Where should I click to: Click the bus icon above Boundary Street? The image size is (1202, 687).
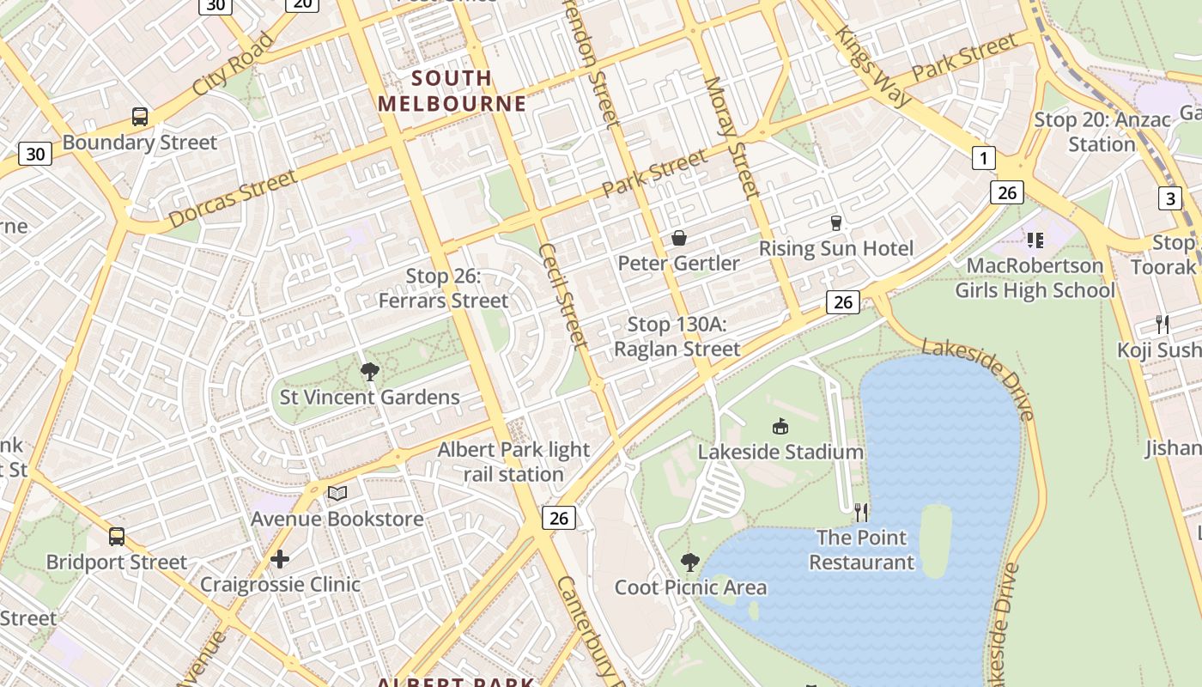click(139, 117)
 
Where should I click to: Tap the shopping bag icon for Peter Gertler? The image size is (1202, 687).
click(678, 238)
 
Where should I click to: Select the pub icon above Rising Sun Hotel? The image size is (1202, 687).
click(836, 223)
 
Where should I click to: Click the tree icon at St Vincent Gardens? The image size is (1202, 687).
click(370, 372)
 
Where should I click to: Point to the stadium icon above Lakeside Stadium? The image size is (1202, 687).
click(780, 426)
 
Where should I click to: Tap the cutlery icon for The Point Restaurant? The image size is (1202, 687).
click(861, 513)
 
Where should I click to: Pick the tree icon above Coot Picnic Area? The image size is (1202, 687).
click(689, 562)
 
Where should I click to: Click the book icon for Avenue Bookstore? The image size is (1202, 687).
click(337, 494)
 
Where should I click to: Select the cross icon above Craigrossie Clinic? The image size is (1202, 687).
click(280, 560)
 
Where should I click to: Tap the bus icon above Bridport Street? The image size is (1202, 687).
click(117, 537)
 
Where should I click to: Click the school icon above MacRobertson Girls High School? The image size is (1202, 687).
click(1035, 240)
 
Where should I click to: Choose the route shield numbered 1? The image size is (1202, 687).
click(983, 158)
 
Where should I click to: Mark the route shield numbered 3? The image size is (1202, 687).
click(1169, 199)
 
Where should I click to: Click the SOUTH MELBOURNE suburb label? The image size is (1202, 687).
click(452, 91)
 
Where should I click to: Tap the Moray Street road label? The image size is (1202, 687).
click(732, 137)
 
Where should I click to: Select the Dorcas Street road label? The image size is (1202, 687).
click(233, 200)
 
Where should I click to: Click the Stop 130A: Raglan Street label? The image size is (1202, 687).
click(677, 337)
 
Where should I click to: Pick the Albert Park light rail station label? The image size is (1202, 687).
click(513, 462)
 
